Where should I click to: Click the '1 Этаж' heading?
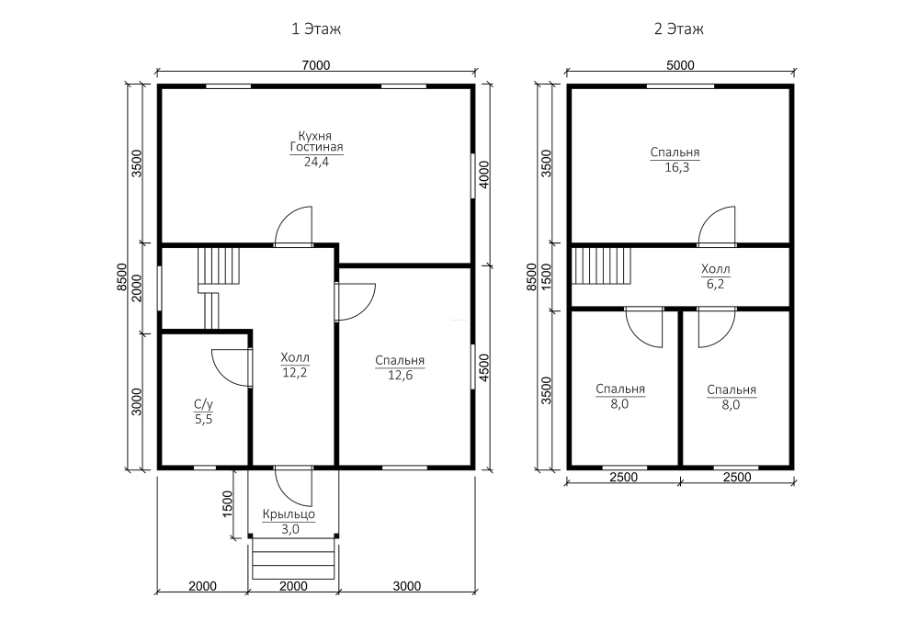pos(316,28)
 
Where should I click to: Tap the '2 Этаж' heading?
pos(679,28)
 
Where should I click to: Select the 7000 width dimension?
pos(316,65)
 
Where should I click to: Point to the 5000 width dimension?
pos(680,65)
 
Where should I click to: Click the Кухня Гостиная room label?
pos(316,141)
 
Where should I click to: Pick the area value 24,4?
pos(316,163)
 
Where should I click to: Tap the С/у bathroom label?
pos(203,404)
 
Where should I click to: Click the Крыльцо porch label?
pos(289,514)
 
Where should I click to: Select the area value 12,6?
pos(400,376)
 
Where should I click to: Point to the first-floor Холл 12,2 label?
pos(295,365)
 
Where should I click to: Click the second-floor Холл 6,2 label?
pos(716,276)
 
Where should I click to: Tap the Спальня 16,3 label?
pos(675,160)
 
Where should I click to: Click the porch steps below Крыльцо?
pos(294,558)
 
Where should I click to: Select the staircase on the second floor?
pos(601,265)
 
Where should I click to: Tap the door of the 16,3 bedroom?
pos(716,225)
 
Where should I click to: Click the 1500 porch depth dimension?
pos(227,503)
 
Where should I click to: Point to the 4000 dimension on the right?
pos(484,175)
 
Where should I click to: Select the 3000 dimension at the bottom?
pos(407,586)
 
